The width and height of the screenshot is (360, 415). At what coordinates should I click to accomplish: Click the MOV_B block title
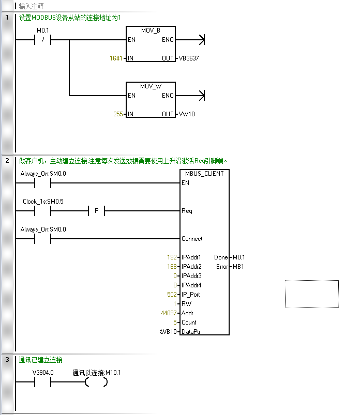pos(151,30)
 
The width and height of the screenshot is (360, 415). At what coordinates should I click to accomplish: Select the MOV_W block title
pos(151,86)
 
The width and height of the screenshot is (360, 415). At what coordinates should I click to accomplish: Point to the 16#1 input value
pos(116,58)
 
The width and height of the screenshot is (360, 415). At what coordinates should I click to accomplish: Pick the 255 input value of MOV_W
pos(118,114)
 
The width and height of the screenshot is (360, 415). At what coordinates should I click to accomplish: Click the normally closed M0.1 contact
pos(42,40)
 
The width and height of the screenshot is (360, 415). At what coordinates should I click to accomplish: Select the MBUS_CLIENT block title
pos(204,174)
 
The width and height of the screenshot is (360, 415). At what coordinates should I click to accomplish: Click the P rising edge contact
pos(96,211)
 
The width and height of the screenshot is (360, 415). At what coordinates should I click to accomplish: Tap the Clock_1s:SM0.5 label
pos(43,201)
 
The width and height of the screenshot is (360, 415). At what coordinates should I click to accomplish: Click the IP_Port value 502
pos(172,295)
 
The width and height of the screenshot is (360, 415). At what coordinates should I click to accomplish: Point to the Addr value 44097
pos(169,313)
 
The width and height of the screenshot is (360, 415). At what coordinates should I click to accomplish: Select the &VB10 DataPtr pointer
pos(168,332)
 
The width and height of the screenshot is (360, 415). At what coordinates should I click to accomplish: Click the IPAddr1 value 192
pos(172,257)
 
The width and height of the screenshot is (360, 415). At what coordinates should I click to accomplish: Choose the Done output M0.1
pos(238,257)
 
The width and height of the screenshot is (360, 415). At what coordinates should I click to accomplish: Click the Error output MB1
pos(237,267)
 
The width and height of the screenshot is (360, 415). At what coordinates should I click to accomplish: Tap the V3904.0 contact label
pos(42,372)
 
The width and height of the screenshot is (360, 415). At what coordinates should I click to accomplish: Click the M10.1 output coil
pos(96,382)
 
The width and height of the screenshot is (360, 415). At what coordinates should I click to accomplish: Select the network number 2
pos(7,161)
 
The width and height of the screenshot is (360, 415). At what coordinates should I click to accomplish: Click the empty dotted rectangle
pos(311,294)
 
